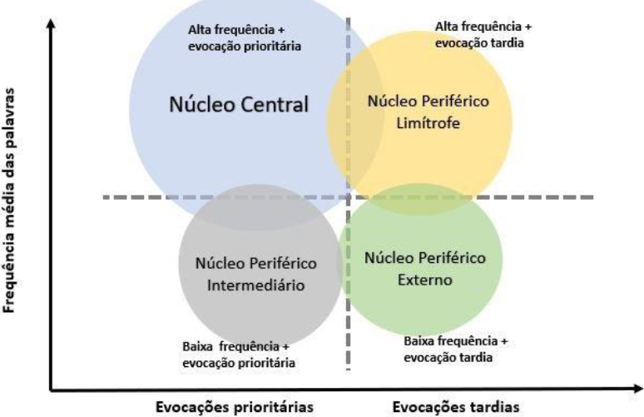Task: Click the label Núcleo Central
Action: pos(239,106)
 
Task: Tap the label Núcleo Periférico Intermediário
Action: pos(255,274)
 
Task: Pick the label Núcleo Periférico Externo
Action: pos(424,268)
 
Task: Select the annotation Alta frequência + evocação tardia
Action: pos(479,35)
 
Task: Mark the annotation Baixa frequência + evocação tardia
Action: pos(455,350)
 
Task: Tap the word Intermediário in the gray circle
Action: pos(255,285)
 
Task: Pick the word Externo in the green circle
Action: pos(424,280)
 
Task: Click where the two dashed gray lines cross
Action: pos(348,197)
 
